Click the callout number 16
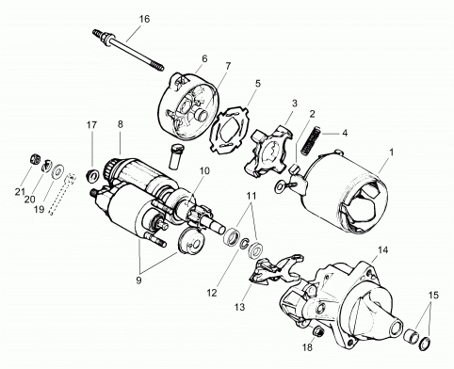point(144,19)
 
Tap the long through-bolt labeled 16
point(128,50)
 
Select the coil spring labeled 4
point(311,140)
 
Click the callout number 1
point(391,152)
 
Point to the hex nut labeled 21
point(34,159)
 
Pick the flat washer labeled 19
point(57,171)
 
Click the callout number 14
point(382,250)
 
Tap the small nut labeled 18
point(317,331)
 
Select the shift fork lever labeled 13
point(276,268)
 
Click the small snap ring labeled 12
point(245,244)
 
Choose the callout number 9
point(138,280)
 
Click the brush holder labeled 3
point(269,150)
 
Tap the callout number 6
point(204,58)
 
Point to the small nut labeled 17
point(93,173)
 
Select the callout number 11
point(251,196)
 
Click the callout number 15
point(432,295)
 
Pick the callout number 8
point(121,124)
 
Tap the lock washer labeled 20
point(46,166)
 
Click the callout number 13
point(239,307)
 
